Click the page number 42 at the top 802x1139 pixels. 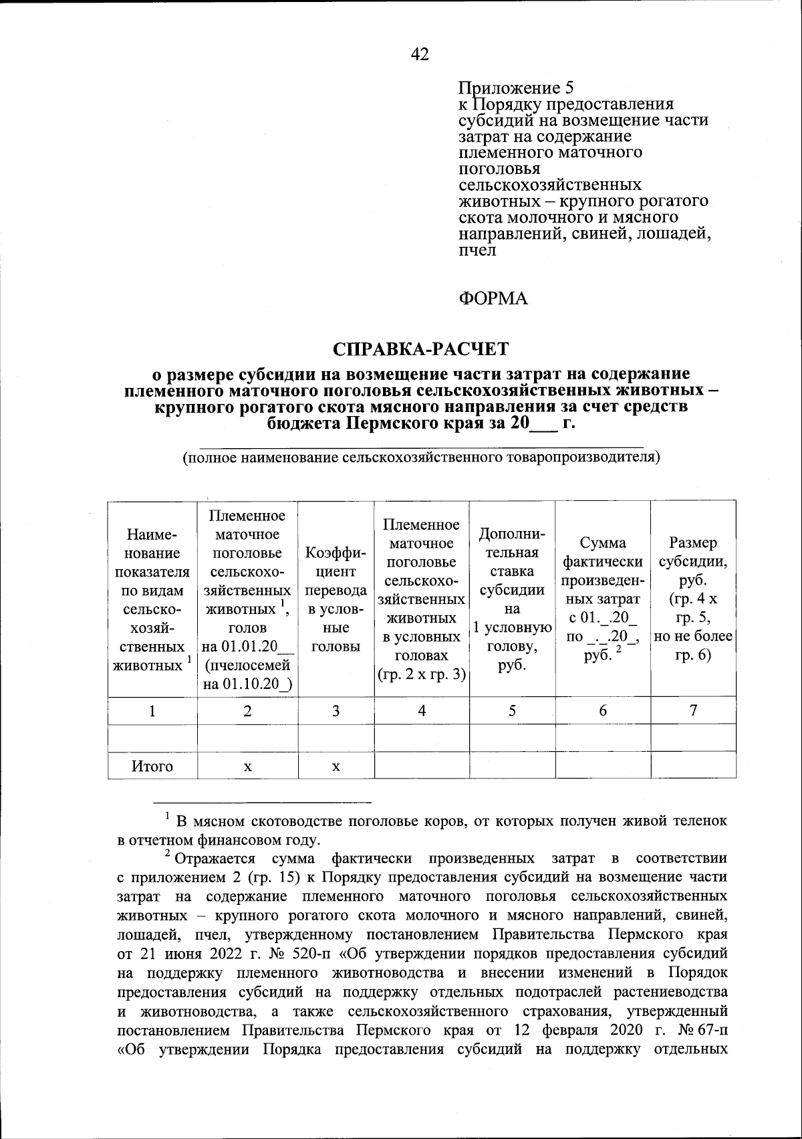(420, 54)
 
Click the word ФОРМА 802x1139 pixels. (493, 299)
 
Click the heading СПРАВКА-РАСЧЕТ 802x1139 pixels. (421, 349)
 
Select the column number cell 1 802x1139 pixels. (152, 711)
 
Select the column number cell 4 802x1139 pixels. (422, 711)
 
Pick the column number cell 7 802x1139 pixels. (693, 711)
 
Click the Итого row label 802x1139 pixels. (152, 766)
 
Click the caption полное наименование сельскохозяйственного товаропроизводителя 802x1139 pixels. (421, 458)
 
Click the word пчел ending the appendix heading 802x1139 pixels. (478, 251)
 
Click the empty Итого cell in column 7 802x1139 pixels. (693, 766)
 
